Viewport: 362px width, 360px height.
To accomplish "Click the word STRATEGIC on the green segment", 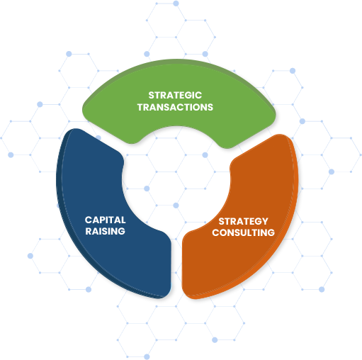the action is pos(175,95).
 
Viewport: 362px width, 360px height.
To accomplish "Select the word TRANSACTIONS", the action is pos(175,107).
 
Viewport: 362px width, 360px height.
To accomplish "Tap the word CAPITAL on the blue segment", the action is pos(105,220).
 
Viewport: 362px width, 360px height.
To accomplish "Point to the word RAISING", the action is pos(105,231).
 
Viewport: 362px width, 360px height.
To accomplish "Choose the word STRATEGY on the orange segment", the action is pos(243,221).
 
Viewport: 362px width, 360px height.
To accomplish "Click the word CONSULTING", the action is pos(243,232).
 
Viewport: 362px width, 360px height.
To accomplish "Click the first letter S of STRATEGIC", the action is pos(151,95).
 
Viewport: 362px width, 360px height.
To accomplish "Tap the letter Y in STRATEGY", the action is pos(265,221).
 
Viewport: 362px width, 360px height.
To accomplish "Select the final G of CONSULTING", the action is pos(271,232).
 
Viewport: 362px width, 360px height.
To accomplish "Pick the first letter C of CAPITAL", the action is pos(89,220).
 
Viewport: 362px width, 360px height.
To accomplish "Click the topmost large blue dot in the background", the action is pos(176,4).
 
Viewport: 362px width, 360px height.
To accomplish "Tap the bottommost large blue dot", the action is pos(147,356).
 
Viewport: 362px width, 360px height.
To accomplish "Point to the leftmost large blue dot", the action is pos(11,154).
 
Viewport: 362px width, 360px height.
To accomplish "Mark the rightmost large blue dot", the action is pos(332,171).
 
